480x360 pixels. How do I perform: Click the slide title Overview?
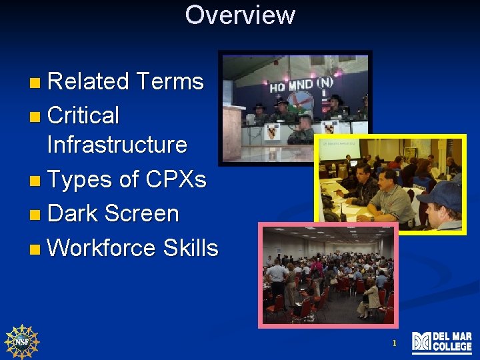coord(240,15)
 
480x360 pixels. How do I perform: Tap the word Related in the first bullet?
coord(88,81)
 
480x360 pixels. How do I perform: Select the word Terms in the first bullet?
coord(169,81)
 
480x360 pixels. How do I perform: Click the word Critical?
coord(83,115)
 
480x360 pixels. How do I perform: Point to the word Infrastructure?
coord(117,144)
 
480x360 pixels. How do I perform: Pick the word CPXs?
coord(175,179)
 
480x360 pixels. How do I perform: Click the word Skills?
coord(190,248)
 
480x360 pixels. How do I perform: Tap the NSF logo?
coord(22,341)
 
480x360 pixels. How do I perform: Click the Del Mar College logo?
coord(441,342)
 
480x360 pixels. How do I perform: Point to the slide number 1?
coord(394,343)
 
